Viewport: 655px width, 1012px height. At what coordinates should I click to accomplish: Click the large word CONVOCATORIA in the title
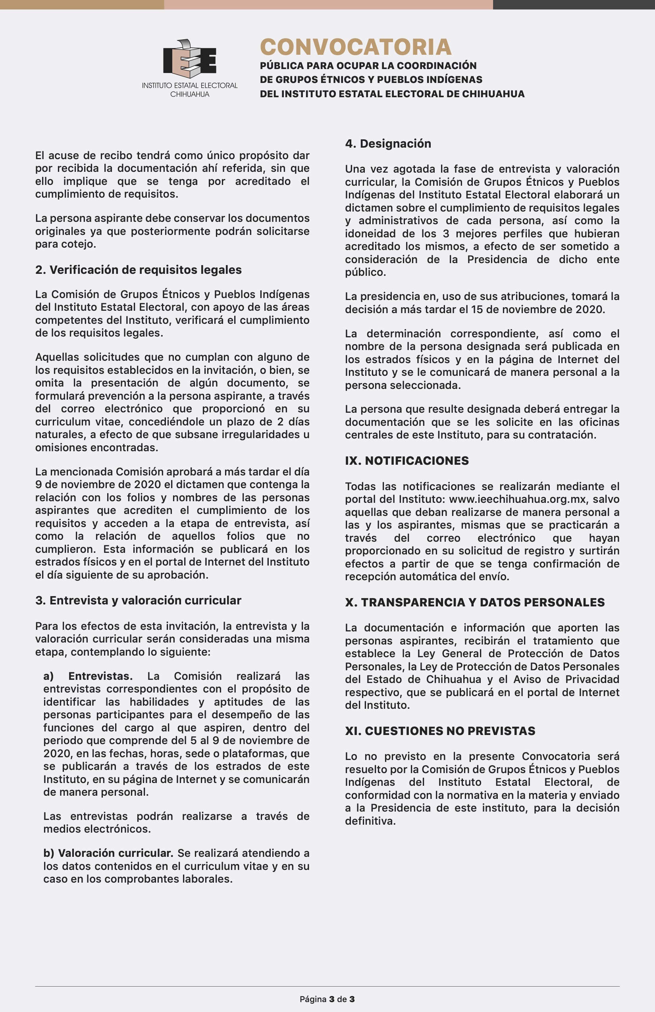[x=356, y=47]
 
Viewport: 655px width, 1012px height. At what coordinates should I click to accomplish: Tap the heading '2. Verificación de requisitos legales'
[x=138, y=269]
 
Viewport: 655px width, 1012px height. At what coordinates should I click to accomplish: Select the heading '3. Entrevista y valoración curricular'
[x=138, y=600]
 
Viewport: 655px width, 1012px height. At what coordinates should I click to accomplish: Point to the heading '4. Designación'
[x=388, y=143]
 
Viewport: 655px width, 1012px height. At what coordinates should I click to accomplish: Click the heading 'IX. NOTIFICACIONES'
[x=406, y=460]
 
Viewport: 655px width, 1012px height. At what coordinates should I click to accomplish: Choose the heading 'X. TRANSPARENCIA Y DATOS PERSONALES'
[x=475, y=602]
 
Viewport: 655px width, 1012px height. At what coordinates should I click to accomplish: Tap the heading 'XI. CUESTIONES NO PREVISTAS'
[x=440, y=731]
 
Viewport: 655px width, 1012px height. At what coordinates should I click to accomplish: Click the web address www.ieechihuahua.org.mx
[x=517, y=499]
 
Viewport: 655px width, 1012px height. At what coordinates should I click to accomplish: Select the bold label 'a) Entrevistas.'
[x=88, y=676]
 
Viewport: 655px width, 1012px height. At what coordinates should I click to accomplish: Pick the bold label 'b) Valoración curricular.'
[x=108, y=853]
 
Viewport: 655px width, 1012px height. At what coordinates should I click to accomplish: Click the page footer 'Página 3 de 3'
[x=327, y=999]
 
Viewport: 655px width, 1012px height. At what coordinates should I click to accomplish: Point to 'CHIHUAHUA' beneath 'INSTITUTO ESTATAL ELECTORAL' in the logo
[x=190, y=94]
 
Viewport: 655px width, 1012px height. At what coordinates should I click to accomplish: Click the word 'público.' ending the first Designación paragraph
[x=365, y=272]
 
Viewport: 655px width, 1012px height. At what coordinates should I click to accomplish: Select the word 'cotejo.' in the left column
[x=79, y=244]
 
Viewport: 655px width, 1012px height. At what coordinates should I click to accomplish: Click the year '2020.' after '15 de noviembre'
[x=590, y=309]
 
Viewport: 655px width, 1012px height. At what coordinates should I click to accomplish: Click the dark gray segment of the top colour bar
[x=574, y=4]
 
